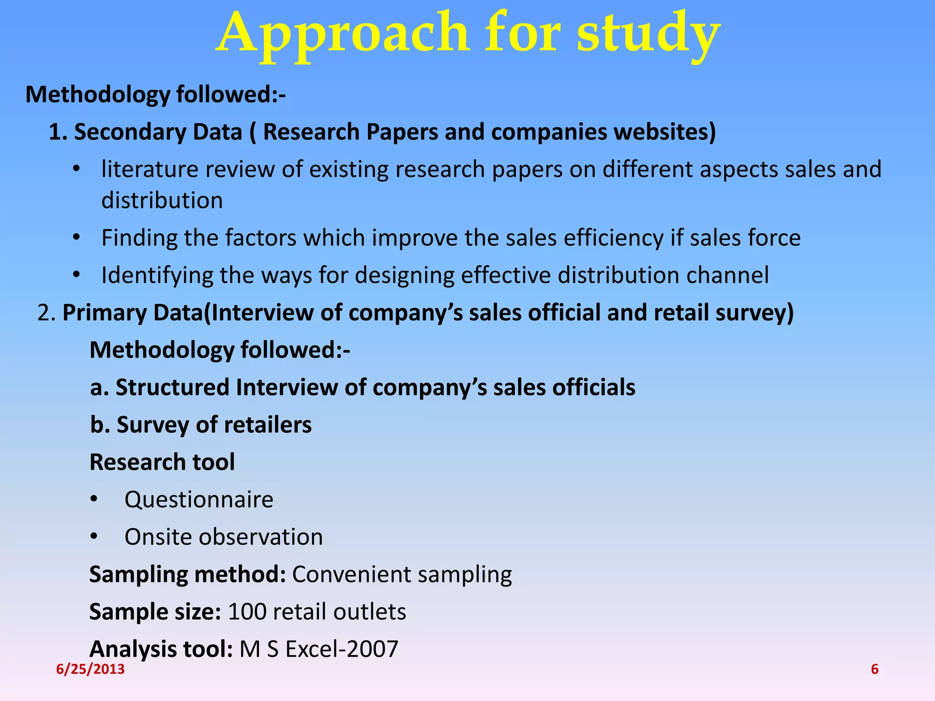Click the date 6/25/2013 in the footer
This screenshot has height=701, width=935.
click(90, 669)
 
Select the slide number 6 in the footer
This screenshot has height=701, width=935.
click(875, 669)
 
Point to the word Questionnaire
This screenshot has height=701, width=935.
click(199, 499)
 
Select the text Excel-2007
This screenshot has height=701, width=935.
click(342, 649)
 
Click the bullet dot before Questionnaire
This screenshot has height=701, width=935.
click(94, 499)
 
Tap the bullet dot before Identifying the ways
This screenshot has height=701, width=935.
click(76, 275)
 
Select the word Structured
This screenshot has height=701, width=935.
click(173, 387)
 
